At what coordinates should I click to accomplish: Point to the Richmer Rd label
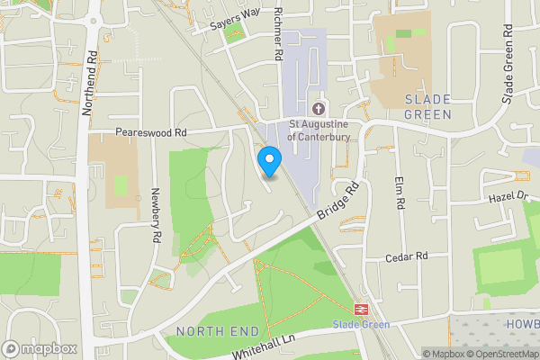pos(278,36)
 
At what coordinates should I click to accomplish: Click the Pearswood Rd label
pos(150,131)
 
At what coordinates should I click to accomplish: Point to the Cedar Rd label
pos(407,256)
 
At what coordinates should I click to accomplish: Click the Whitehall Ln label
pos(263,345)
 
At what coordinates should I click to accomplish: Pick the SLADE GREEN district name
pos(427,106)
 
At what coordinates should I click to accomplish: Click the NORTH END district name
pos(211,331)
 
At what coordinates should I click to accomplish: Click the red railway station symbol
pos(361,308)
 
